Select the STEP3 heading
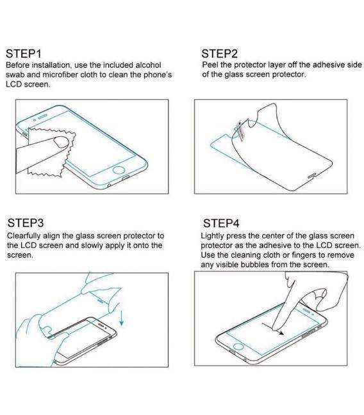click(26, 223)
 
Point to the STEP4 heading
click(221, 223)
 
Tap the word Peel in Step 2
click(210, 65)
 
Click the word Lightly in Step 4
click(215, 236)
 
